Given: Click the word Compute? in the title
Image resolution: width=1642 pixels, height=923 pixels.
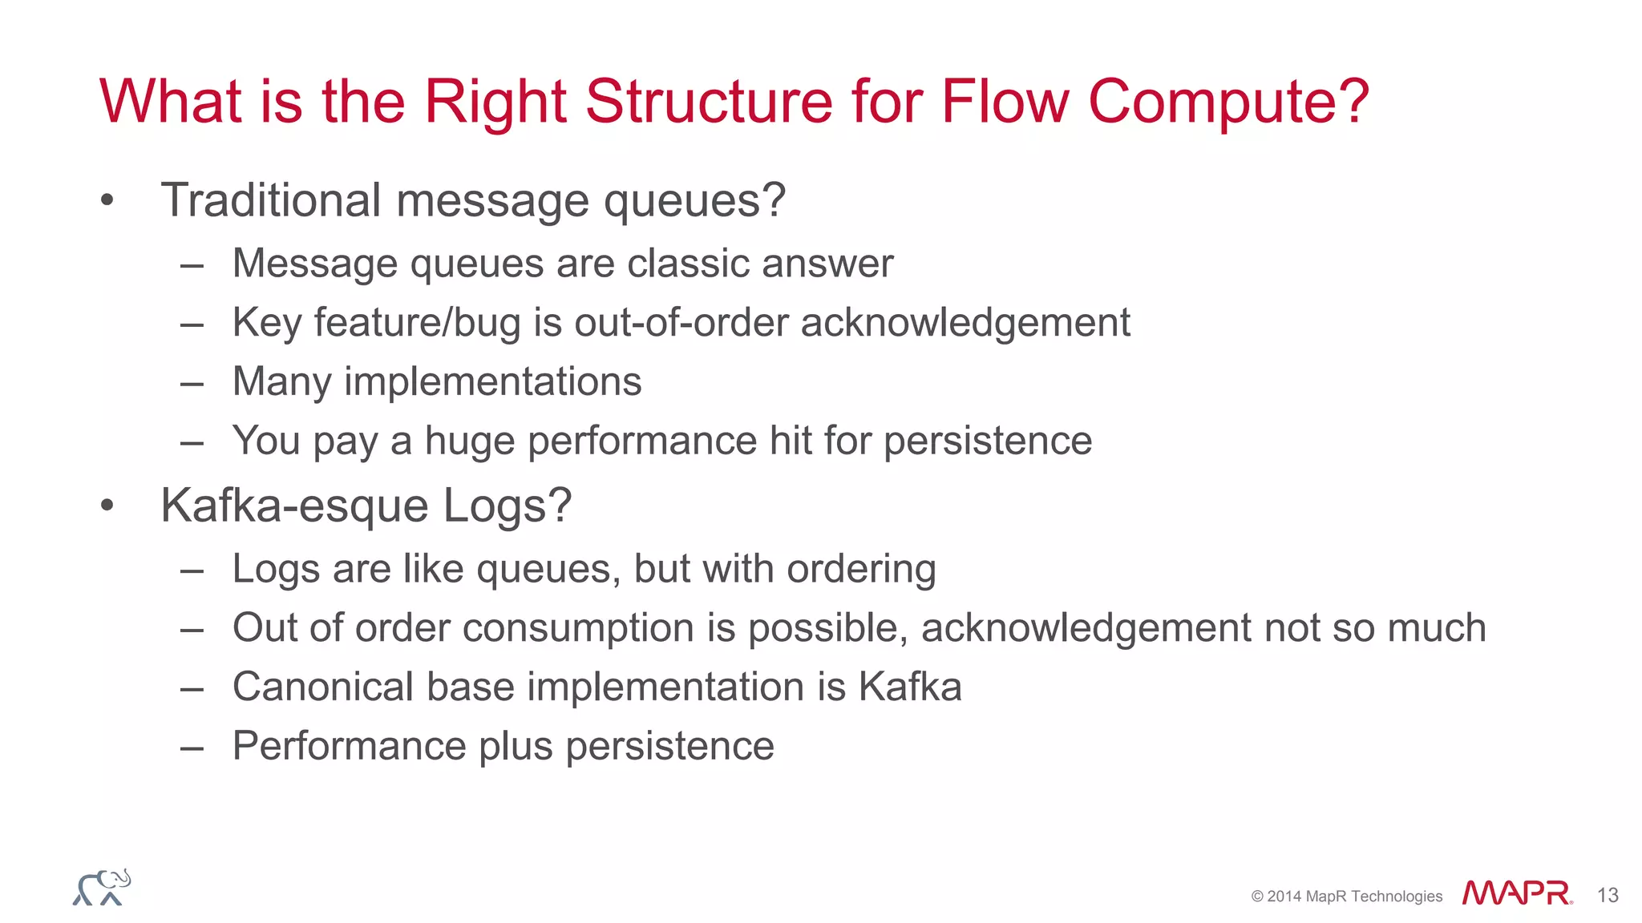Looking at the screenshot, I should click(x=1228, y=102).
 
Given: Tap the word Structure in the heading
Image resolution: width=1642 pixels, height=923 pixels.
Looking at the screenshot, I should click(x=709, y=102).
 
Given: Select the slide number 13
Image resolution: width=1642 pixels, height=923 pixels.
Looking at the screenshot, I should click(x=1607, y=895).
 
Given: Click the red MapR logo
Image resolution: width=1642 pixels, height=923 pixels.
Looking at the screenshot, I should click(x=1516, y=893).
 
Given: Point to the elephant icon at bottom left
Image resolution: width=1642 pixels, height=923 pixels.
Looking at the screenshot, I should click(x=102, y=888).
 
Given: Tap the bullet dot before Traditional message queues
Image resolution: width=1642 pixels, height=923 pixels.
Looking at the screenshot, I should click(x=107, y=200).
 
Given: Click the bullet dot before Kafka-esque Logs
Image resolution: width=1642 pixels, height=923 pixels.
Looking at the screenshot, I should click(x=107, y=506).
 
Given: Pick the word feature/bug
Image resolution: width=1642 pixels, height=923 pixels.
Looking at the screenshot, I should click(x=417, y=323).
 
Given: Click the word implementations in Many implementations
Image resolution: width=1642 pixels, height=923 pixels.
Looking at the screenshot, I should click(x=492, y=381).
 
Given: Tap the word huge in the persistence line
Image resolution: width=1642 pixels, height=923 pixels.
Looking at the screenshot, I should click(x=469, y=441).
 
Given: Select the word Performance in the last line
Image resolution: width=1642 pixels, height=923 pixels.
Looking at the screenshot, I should click(x=349, y=746).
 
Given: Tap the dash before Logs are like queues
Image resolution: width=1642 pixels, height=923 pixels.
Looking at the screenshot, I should click(x=192, y=570).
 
